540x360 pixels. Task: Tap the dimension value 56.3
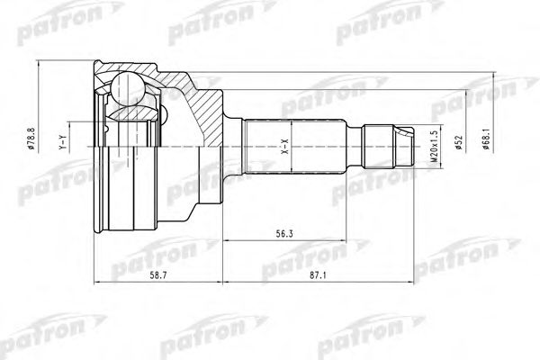284,234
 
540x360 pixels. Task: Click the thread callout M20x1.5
434,147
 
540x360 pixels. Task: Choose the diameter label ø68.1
486,139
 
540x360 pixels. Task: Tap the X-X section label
284,146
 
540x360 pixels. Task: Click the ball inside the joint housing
128,88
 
